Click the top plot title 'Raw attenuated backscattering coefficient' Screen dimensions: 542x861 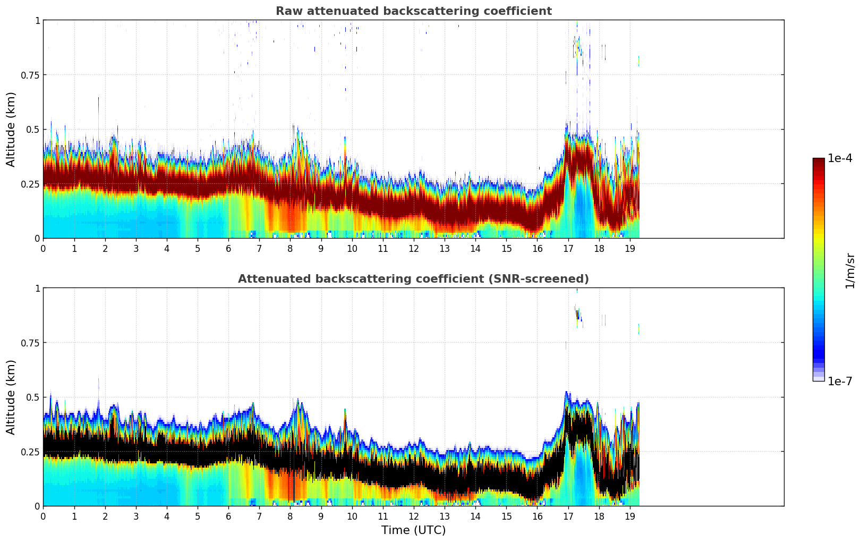[x=413, y=11]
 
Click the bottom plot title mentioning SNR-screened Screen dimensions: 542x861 [x=413, y=279]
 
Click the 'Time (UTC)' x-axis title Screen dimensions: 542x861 [x=413, y=530]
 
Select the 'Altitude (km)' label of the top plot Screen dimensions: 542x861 [x=11, y=129]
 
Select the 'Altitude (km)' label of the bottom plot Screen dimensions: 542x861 [x=11, y=397]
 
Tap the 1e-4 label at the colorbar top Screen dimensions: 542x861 [x=840, y=158]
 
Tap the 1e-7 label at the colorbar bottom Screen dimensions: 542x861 [x=840, y=381]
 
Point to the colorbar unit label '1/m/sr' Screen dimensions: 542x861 [x=850, y=270]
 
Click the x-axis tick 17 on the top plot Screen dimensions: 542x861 [x=568, y=248]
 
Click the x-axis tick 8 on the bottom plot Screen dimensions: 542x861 [x=290, y=516]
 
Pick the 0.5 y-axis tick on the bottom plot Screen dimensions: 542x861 [x=33, y=397]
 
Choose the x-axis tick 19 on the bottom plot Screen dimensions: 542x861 [x=629, y=516]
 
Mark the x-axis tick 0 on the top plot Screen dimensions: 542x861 [x=44, y=248]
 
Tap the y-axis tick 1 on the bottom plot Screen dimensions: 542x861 [x=37, y=288]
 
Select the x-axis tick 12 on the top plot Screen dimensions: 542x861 [x=413, y=248]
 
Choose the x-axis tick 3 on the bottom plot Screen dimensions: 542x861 [x=136, y=516]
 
